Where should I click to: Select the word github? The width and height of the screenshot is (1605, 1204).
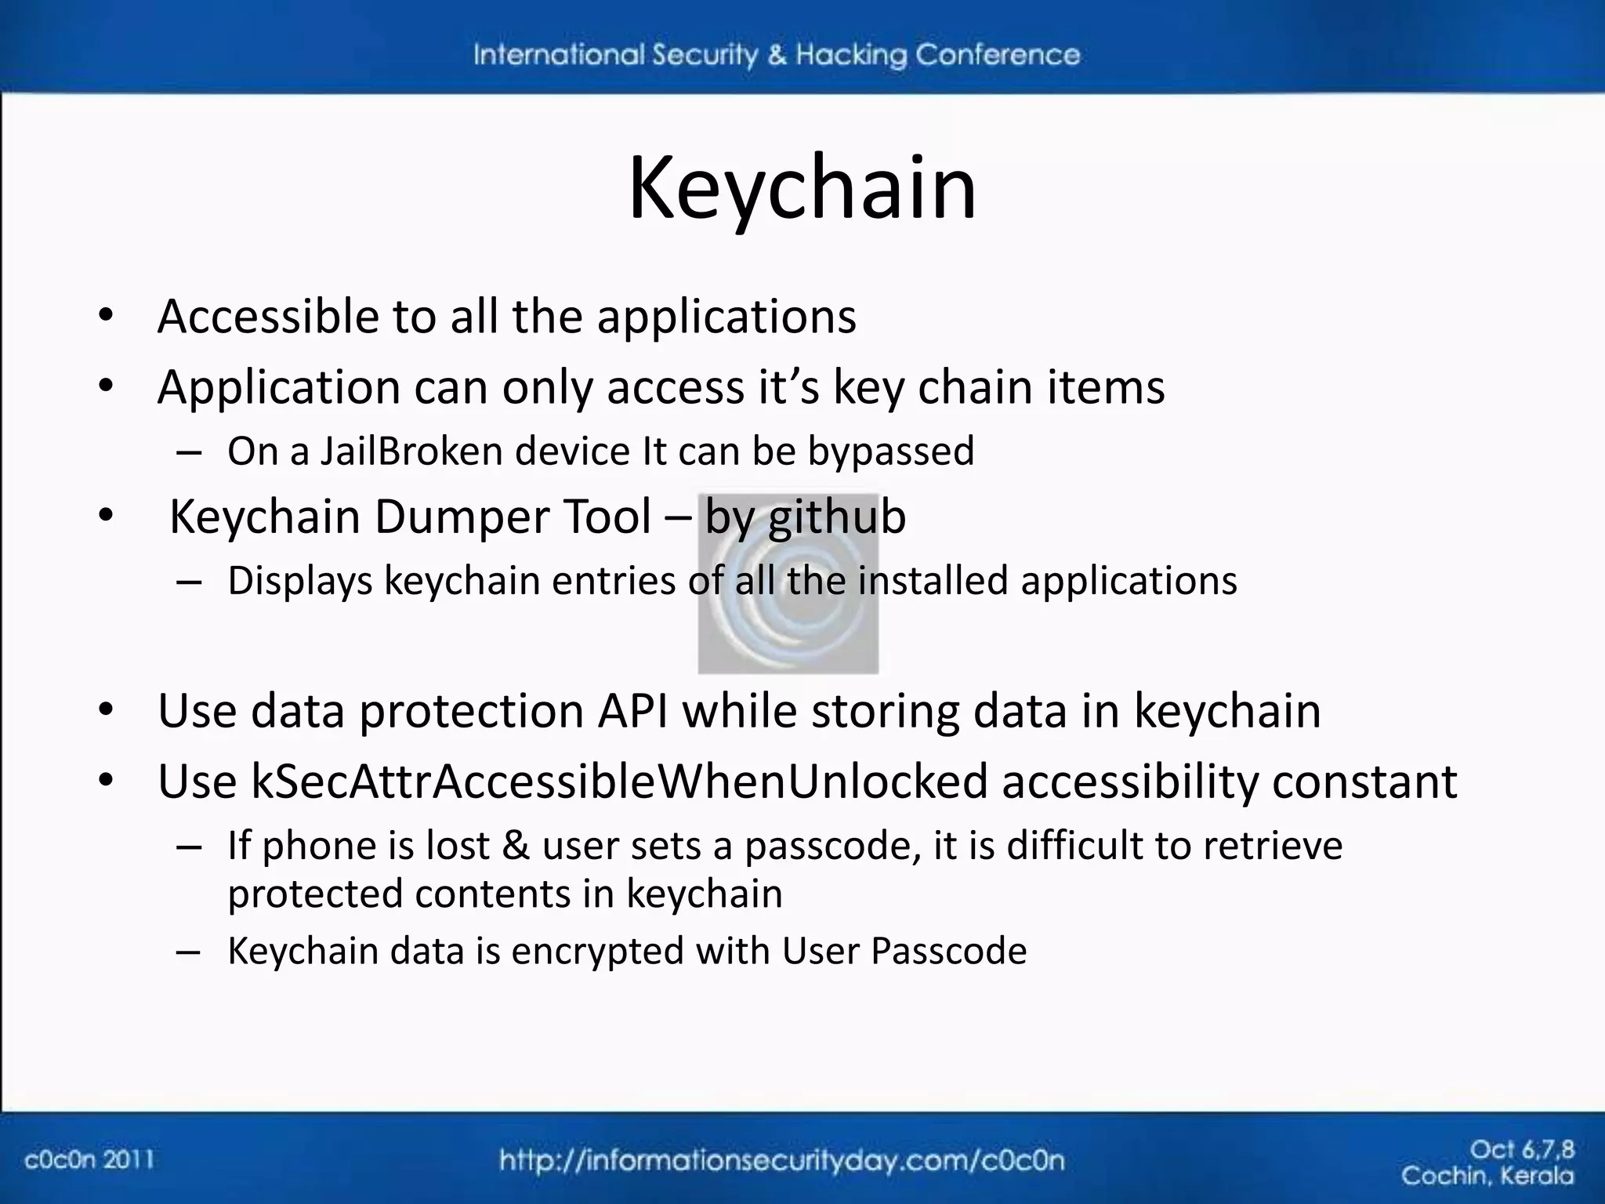coord(837,518)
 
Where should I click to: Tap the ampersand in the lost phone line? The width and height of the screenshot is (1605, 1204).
coord(515,846)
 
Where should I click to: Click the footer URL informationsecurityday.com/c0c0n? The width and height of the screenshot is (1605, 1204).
coord(781,1160)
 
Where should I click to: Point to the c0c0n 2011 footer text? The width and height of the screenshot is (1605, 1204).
coord(89,1159)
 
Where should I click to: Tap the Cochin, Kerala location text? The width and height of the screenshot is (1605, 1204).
coord(1487,1176)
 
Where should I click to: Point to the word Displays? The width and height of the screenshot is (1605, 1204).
coord(299,582)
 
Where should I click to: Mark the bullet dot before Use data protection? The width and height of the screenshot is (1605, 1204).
coord(107,711)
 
